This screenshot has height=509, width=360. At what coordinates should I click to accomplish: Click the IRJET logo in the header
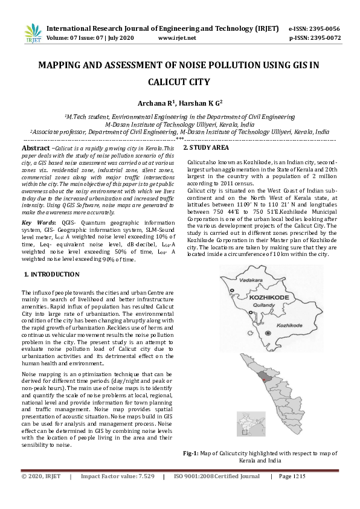click(x=32, y=33)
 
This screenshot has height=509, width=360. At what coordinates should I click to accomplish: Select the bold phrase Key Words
click(x=38, y=223)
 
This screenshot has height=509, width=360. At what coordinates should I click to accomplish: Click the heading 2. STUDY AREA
click(x=206, y=148)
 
